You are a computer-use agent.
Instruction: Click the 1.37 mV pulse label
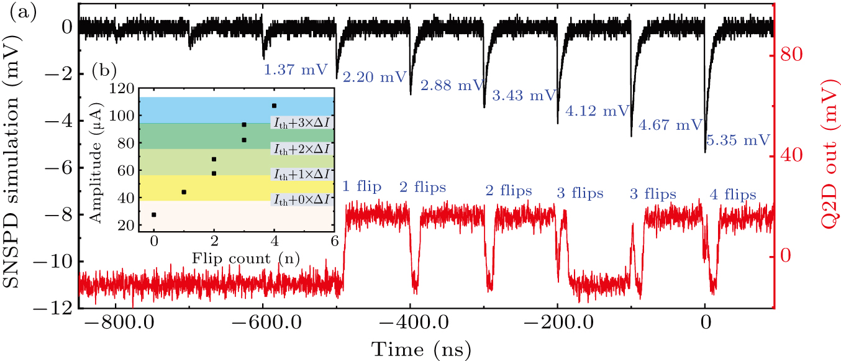point(295,70)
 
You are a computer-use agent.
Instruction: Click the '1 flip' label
point(363,187)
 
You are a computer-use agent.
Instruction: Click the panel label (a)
point(15,11)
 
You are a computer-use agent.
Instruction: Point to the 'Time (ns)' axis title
point(420,348)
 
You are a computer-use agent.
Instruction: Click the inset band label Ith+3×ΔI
point(300,124)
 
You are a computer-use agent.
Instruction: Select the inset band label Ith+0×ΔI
point(300,199)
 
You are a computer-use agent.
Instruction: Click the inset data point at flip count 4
point(274,106)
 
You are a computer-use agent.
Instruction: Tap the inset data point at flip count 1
point(184,192)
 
